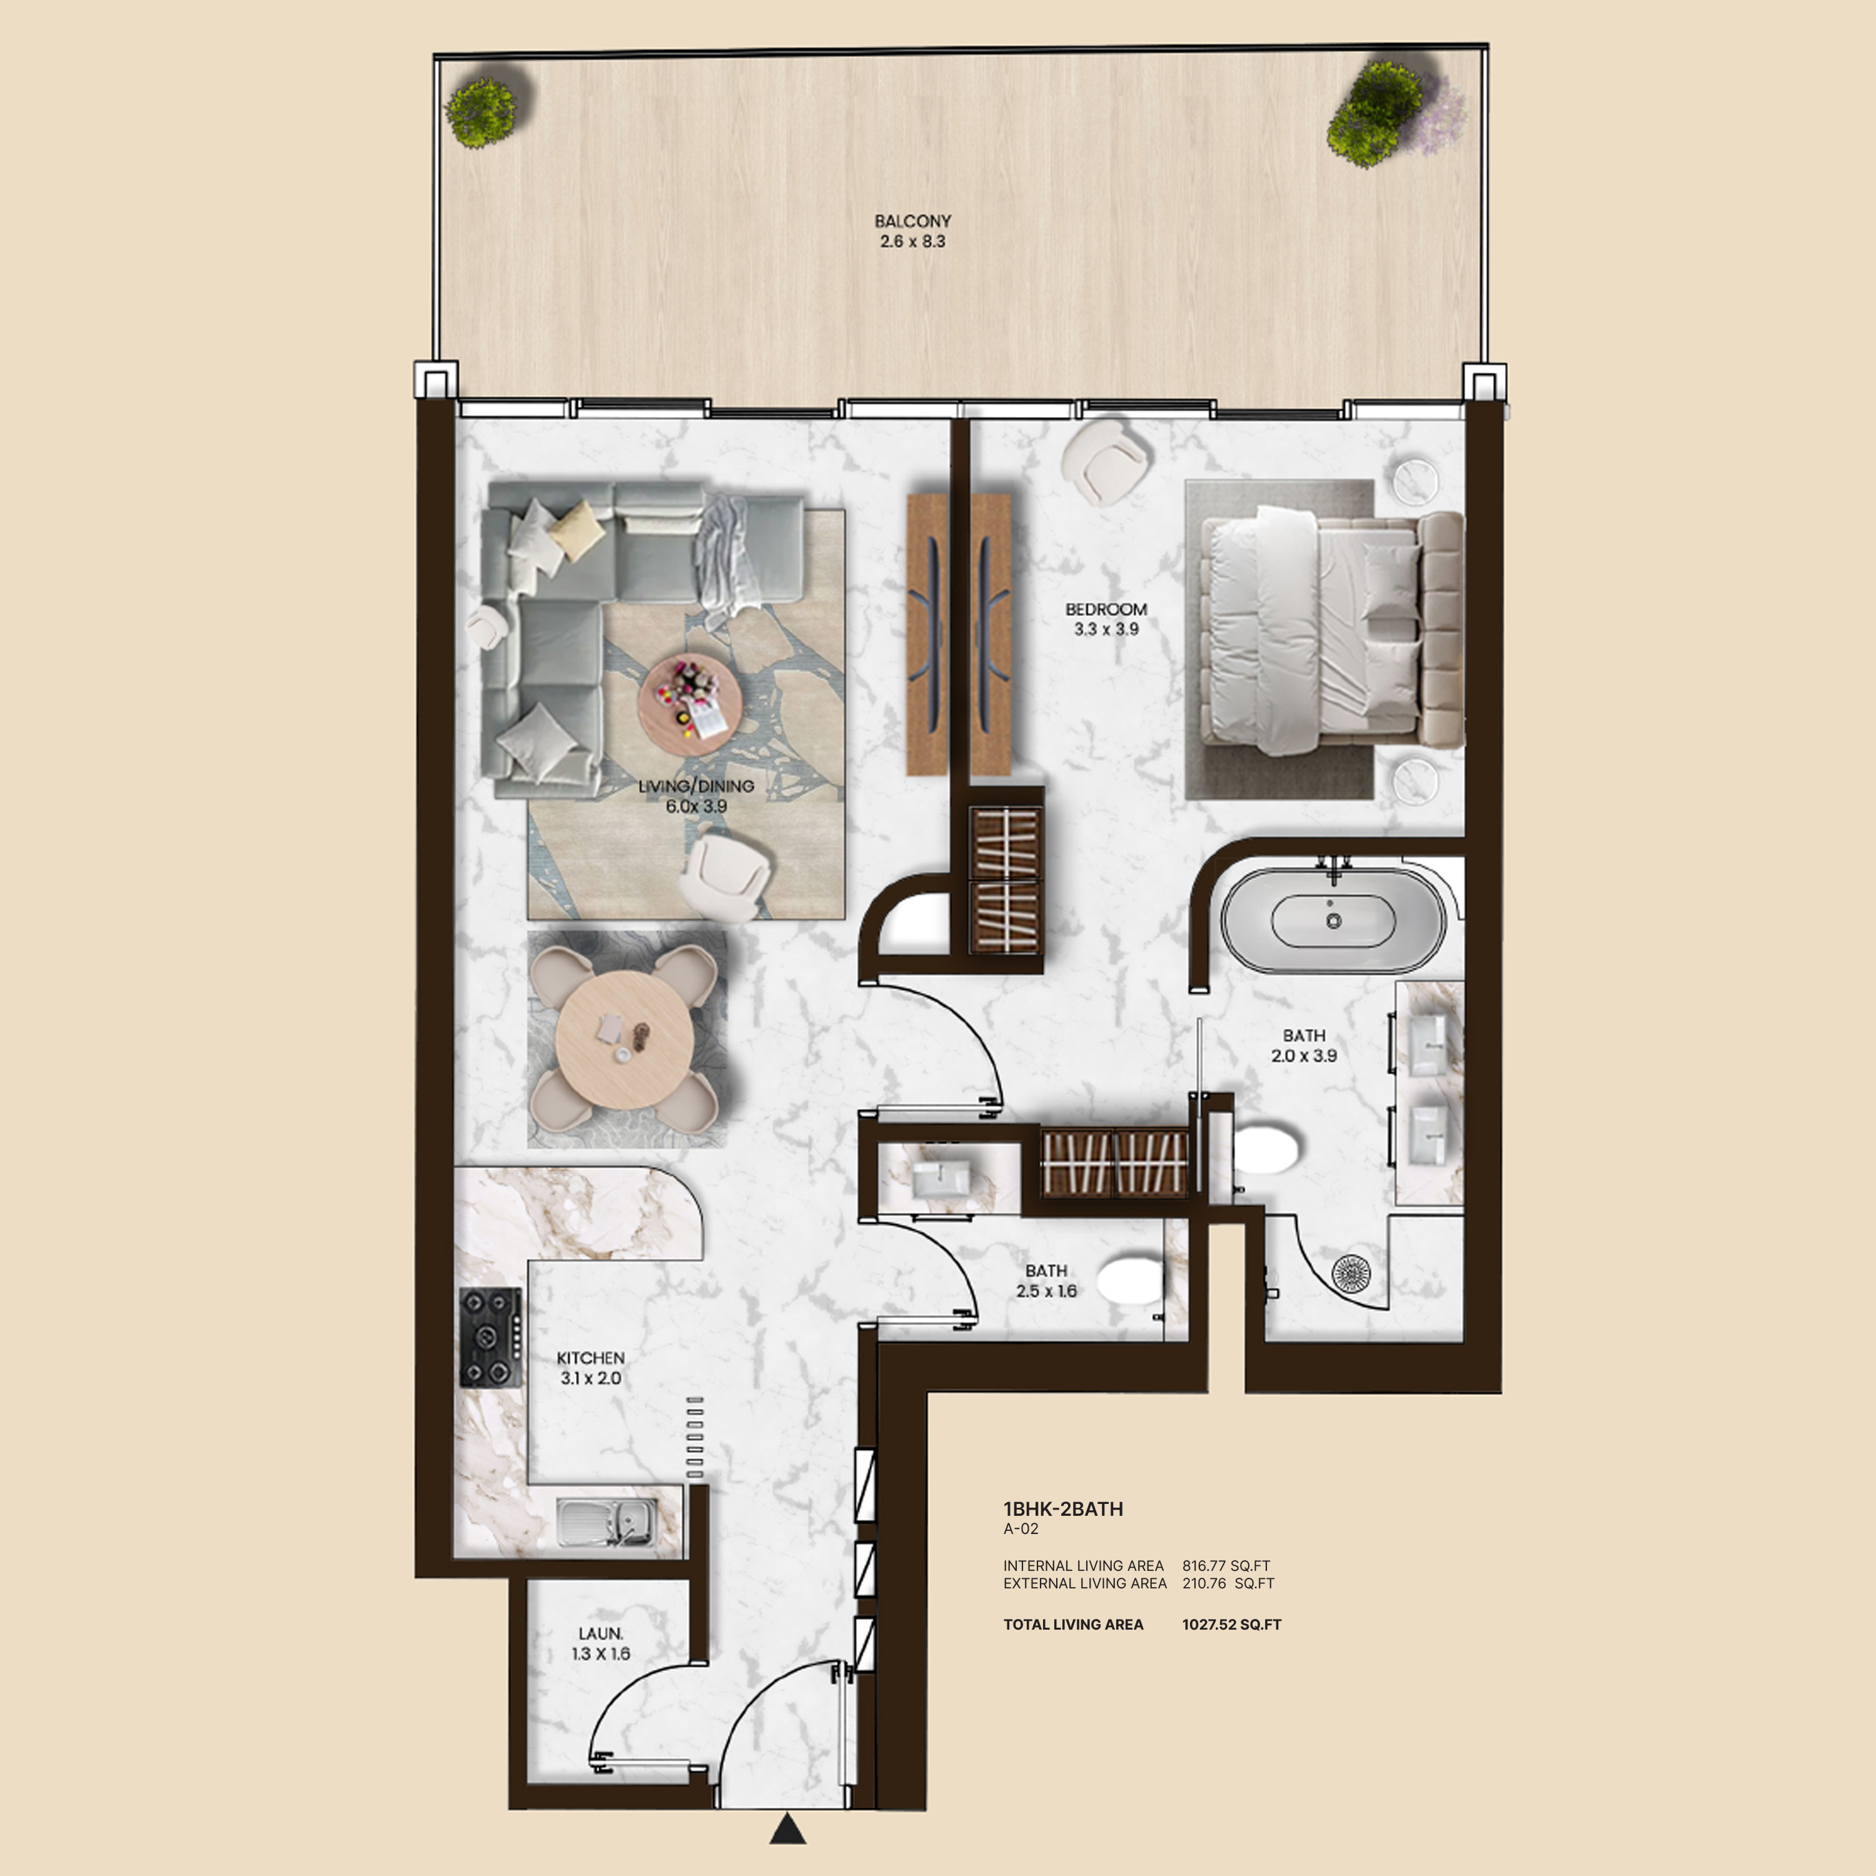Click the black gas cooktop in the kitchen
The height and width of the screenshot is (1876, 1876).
[x=490, y=1337]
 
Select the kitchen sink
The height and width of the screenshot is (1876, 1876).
[x=607, y=1521]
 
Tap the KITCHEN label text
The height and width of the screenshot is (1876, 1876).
[x=590, y=1358]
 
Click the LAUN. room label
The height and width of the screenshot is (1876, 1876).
[x=601, y=1634]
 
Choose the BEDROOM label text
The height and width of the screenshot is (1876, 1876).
[x=1106, y=610]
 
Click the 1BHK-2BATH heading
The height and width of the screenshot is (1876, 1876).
[x=1063, y=1509]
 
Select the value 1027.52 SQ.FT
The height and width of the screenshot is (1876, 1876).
[x=1231, y=1625]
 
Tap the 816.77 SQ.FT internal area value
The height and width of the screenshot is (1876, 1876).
[x=1226, y=1565]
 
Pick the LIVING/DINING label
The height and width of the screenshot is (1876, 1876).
[x=696, y=785]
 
